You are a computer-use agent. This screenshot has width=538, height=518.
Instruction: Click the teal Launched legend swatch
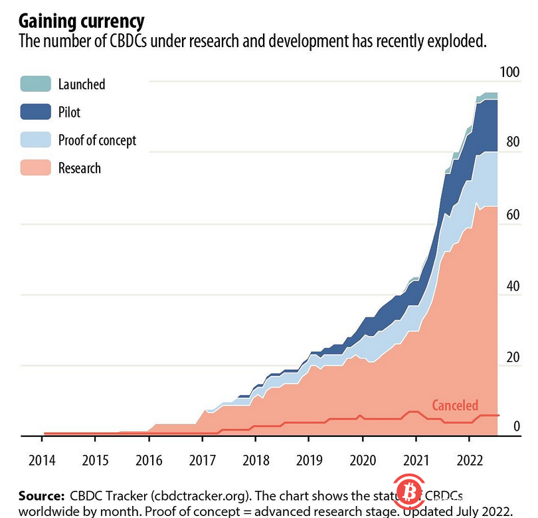click(x=35, y=84)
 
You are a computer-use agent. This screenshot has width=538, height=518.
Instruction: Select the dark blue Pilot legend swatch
click(x=35, y=112)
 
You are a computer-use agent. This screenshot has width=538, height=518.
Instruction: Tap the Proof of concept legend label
click(x=97, y=140)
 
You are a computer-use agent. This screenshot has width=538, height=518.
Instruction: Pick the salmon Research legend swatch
click(x=35, y=167)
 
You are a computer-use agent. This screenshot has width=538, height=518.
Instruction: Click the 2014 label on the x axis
click(x=42, y=461)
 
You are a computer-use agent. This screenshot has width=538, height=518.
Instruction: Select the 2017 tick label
click(x=202, y=461)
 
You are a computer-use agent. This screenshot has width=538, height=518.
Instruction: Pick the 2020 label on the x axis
click(x=362, y=461)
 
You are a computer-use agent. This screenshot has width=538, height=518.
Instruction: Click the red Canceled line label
click(x=455, y=405)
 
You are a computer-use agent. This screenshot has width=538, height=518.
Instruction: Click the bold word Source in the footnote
click(x=38, y=497)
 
